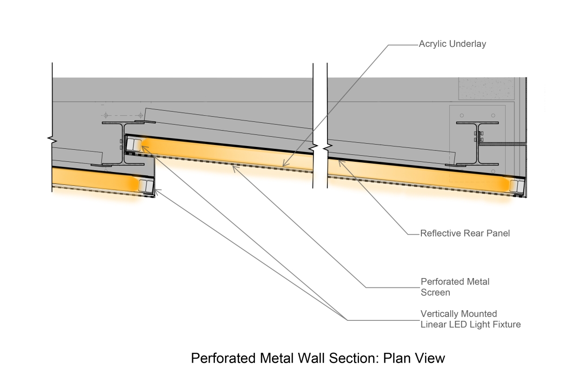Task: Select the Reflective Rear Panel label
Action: pos(465,233)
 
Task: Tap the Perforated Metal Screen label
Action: pos(454,286)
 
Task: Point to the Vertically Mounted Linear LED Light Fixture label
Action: pos(470,319)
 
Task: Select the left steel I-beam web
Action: pos(123,144)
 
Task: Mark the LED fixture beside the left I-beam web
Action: pos(133,145)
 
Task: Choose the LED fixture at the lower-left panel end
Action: pos(146,185)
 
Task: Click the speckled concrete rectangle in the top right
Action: pos(486,88)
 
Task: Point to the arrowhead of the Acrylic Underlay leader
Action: pos(282,166)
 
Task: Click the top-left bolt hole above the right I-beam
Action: pos(461,115)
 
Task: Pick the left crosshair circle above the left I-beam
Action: pos(106,115)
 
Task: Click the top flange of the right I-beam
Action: pos(478,123)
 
